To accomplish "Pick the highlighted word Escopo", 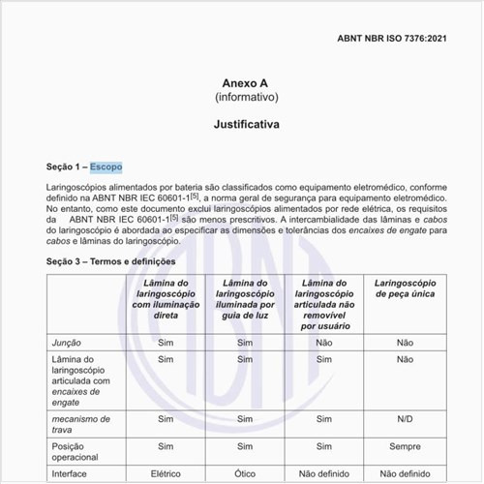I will tap(106, 166).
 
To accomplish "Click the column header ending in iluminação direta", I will tap(166, 300).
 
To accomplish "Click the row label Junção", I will tap(66, 342).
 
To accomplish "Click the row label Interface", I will tap(70, 474).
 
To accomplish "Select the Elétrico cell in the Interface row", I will tap(166, 474).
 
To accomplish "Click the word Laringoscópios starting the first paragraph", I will tap(82, 186).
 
